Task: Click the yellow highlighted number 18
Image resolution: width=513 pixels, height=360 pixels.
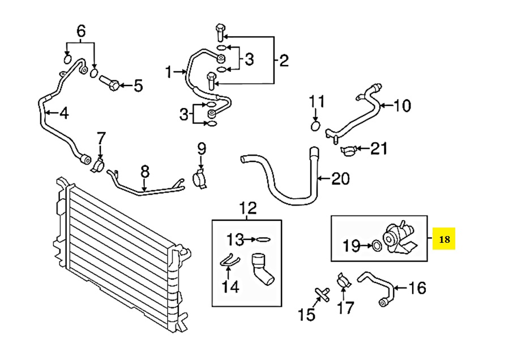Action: point(444,239)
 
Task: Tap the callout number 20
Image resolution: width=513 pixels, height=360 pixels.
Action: point(340,179)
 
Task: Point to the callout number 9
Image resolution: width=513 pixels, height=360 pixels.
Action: point(202,149)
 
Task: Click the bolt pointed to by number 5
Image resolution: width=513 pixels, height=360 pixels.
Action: point(110,84)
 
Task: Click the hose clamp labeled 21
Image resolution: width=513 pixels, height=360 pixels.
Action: point(349,151)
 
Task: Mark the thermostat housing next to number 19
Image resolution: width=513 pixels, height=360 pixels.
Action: point(400,238)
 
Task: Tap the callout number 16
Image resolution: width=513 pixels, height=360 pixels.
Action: point(417,289)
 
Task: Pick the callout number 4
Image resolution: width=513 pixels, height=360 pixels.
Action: point(64,113)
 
